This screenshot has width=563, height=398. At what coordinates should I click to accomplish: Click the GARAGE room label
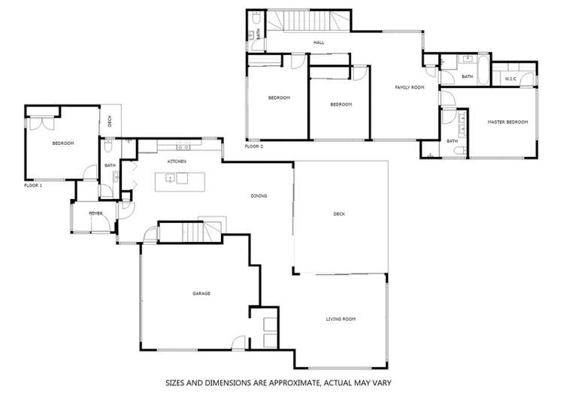201,293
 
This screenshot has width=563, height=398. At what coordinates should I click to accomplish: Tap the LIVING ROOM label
341,319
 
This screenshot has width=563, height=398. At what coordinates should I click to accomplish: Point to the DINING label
259,196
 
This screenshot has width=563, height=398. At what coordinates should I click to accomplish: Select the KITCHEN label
177,161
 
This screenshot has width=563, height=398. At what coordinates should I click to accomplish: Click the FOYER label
95,214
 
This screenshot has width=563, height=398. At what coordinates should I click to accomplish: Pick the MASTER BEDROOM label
507,122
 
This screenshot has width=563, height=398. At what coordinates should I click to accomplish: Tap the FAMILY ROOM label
410,88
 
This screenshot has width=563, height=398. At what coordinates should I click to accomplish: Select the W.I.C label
510,78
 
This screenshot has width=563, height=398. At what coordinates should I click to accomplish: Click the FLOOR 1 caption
33,185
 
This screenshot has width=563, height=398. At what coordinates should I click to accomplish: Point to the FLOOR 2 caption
254,146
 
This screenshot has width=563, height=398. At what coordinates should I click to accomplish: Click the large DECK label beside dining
339,214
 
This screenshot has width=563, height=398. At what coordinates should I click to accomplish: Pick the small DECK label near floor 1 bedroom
110,120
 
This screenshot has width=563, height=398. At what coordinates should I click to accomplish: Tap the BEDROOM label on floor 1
63,143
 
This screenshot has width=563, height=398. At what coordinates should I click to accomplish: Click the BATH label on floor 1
110,165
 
